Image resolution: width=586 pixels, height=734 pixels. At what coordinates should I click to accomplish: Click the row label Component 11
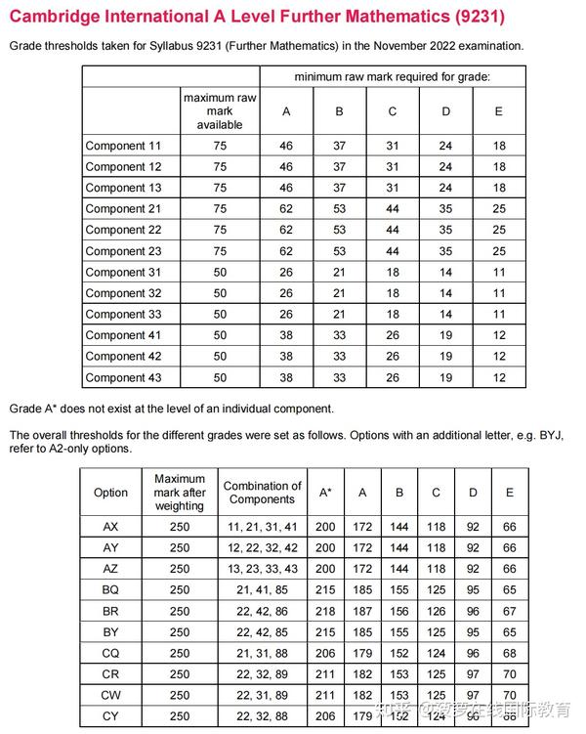[123, 146]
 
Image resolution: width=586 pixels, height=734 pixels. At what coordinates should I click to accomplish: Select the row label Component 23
[123, 251]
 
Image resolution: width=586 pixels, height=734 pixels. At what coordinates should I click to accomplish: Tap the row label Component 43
[123, 377]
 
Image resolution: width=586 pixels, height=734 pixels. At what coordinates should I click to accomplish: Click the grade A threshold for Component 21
[286, 209]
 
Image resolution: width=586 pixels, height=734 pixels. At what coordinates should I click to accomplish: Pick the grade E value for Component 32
[499, 293]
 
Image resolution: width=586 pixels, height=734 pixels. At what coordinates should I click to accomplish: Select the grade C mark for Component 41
[393, 335]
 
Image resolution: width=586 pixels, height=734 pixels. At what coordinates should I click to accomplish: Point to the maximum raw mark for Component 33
[220, 314]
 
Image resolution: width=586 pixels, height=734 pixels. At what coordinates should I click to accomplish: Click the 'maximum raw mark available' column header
[220, 111]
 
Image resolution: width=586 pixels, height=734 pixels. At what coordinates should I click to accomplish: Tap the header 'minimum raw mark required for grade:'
[393, 76]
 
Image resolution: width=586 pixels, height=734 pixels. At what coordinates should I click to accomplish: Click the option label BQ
[110, 590]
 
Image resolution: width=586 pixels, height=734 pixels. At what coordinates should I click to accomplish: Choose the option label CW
[110, 695]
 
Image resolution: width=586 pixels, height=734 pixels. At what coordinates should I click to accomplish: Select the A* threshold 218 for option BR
[325, 611]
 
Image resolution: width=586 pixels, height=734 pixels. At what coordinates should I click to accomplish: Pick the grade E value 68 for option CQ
[510, 653]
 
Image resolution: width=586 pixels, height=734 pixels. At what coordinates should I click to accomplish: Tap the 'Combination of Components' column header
[262, 493]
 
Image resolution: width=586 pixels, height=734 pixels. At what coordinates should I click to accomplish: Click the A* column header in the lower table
[325, 493]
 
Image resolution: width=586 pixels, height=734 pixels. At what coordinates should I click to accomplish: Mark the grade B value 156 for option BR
[398, 611]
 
